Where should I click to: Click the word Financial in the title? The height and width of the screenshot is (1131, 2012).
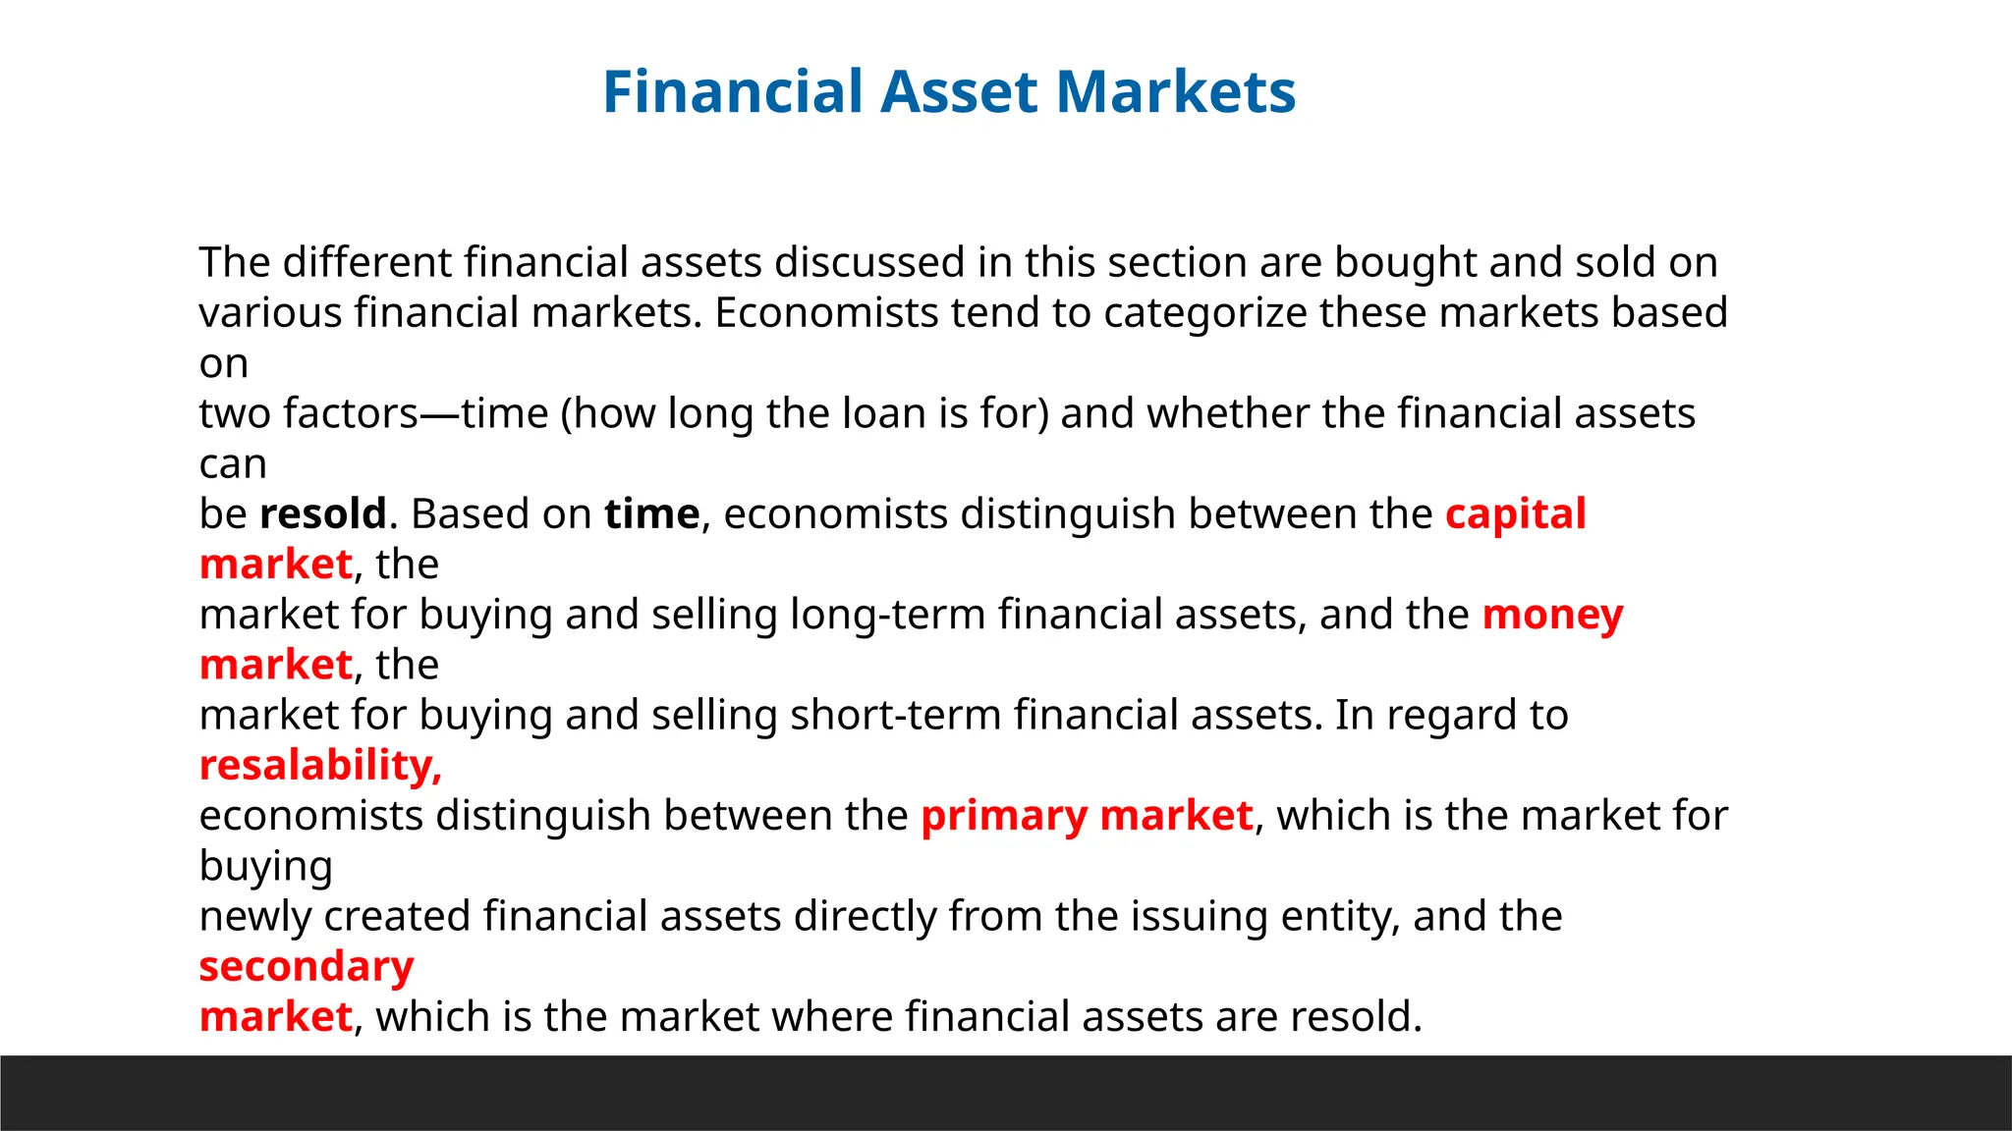click(732, 91)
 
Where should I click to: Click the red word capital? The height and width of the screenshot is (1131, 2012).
click(1515, 513)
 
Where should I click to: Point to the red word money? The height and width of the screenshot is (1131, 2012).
click(1552, 615)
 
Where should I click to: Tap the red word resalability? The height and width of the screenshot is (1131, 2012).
click(320, 765)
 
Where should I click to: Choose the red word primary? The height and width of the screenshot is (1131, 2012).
click(1004, 816)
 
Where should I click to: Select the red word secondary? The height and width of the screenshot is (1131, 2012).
click(307, 966)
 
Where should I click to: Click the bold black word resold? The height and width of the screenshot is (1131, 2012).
click(323, 513)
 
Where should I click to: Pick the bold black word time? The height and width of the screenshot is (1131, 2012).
click(651, 513)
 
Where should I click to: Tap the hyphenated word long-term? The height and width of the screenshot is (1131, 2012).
click(888, 615)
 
